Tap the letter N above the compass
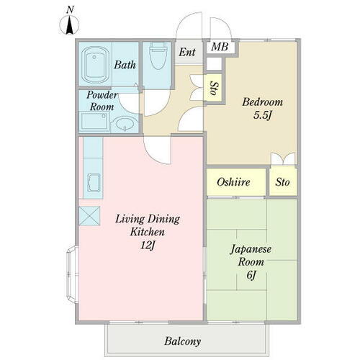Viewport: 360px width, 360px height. [x=70, y=9]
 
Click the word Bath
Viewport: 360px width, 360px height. [x=125, y=65]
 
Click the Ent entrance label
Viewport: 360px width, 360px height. [x=187, y=52]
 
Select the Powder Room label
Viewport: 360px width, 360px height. [x=102, y=101]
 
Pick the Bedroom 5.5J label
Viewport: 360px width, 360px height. [x=263, y=108]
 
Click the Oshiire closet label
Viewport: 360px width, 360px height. [x=233, y=183]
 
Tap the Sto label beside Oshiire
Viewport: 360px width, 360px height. [x=282, y=183]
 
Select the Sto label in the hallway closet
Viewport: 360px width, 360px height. [x=215, y=89]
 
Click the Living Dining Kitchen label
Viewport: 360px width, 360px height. [x=148, y=225]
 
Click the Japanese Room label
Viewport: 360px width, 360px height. [x=250, y=256]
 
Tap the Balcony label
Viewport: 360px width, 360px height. [x=181, y=341]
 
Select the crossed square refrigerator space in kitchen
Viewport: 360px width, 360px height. [x=91, y=215]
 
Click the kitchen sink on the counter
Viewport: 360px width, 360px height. [x=93, y=181]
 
